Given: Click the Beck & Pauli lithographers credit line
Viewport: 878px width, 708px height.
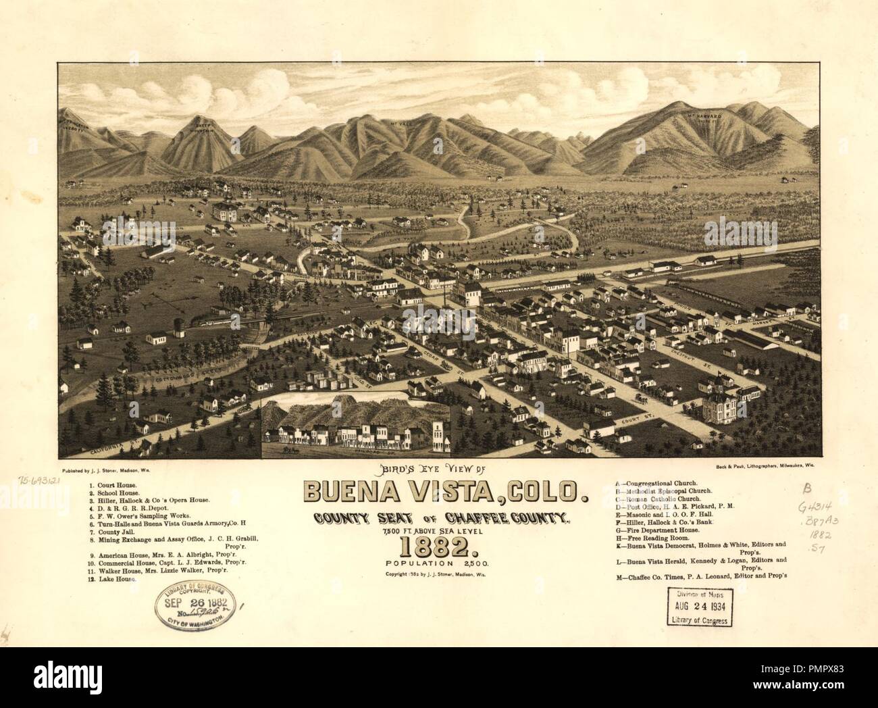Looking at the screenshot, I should (x=763, y=466).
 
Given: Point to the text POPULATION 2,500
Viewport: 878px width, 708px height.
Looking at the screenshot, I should (x=440, y=562).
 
